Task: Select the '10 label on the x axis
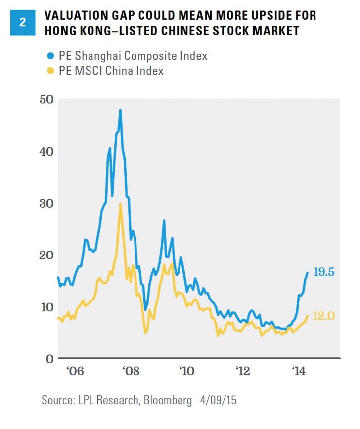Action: point(186,371)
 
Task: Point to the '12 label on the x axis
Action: point(242,371)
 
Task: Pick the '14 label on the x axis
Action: point(299,371)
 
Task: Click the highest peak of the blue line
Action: point(120,110)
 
